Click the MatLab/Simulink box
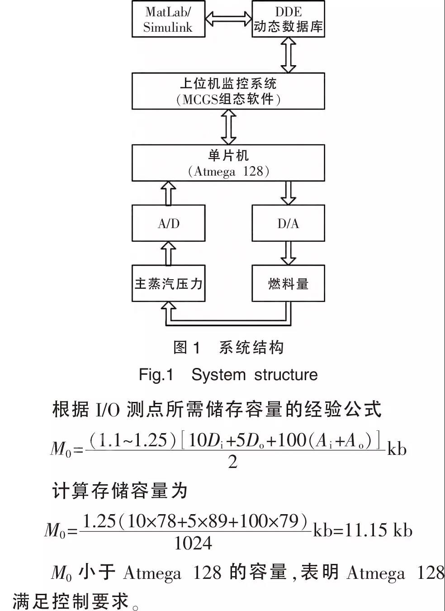pos(168,19)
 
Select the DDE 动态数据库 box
pos(289,19)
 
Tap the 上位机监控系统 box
pos(228,91)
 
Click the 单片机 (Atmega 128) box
pos(228,163)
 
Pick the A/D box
pos(168,223)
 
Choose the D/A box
pos(289,223)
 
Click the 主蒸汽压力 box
pos(168,283)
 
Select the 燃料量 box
pos(289,283)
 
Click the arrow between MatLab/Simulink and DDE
pos(228,19)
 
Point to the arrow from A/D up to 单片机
pos(168,193)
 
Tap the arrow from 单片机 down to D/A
pos(289,193)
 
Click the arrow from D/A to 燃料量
pos(289,253)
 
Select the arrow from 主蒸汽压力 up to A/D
pos(168,253)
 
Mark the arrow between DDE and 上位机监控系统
pos(289,55)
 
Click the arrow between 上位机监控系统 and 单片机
pos(228,127)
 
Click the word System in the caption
pos(218,375)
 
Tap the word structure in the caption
pos(286,375)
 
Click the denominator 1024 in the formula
pos(193,543)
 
